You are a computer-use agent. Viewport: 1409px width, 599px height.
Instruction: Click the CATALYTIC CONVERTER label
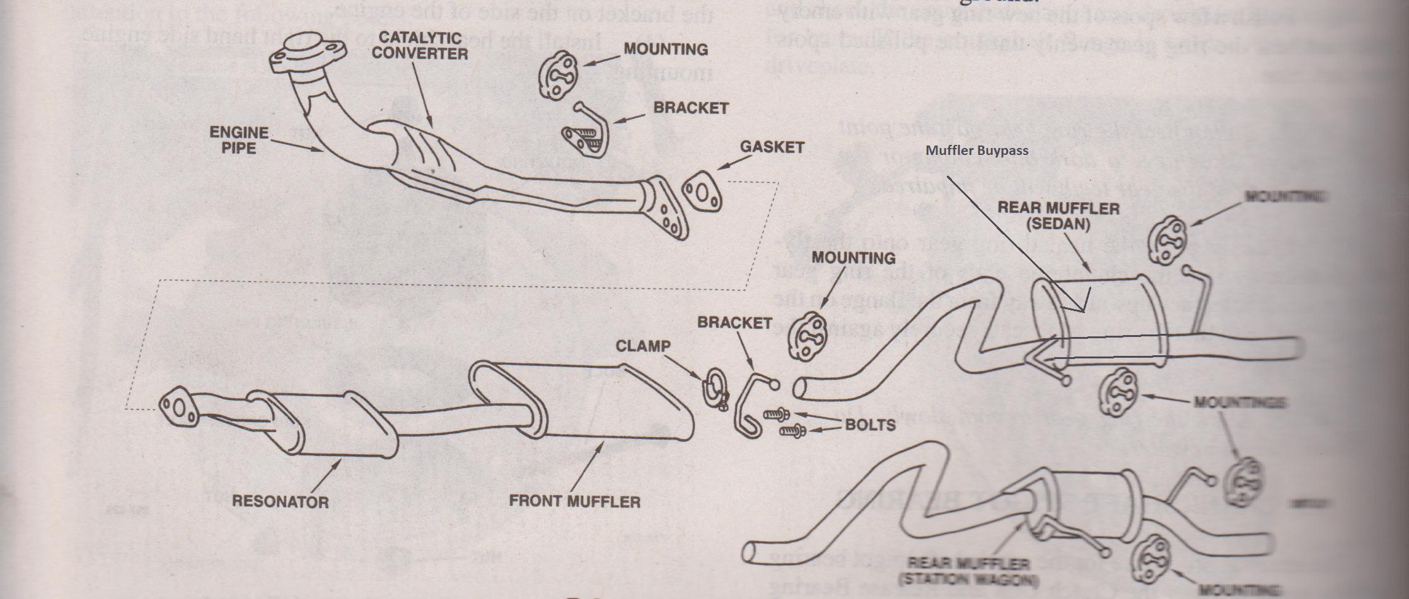point(419,45)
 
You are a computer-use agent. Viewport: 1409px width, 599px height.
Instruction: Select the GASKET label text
point(772,147)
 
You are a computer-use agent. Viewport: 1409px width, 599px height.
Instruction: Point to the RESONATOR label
point(280,501)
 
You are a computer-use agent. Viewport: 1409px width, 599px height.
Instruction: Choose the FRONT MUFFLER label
point(574,501)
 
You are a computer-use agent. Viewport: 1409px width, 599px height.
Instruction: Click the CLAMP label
point(642,346)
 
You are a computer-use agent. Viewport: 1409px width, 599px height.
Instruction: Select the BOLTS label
point(870,425)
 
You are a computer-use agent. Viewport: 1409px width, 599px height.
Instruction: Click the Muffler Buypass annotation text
point(977,151)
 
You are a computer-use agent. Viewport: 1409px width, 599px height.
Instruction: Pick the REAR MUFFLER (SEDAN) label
point(1058,215)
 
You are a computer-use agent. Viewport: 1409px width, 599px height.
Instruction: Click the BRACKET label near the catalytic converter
point(690,108)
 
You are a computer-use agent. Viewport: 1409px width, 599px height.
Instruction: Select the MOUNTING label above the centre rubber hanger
point(853,258)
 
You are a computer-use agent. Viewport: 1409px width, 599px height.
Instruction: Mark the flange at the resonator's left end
point(178,408)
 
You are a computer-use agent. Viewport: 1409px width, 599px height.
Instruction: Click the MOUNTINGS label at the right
point(1239,401)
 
